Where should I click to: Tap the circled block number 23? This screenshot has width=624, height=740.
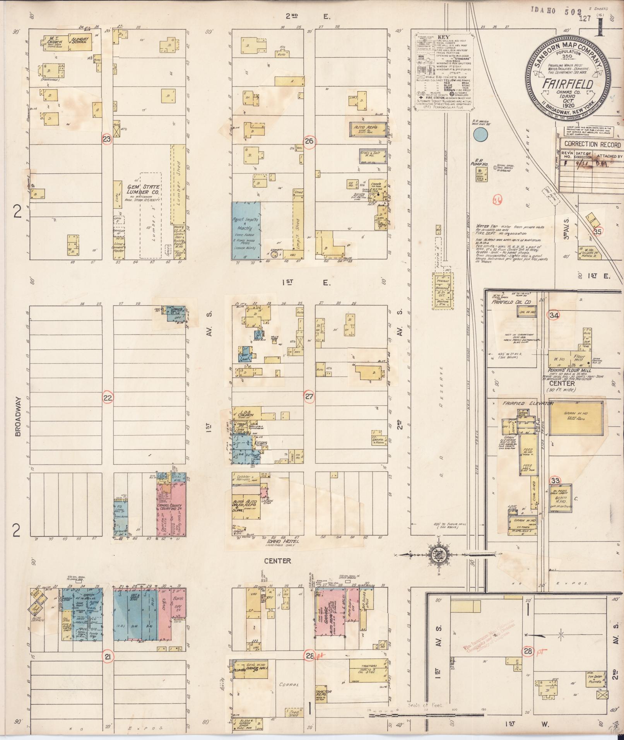point(107,139)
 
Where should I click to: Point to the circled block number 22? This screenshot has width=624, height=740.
point(108,397)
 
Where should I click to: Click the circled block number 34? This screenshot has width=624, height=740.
point(554,315)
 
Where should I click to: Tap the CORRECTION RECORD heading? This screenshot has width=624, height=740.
point(592,145)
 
